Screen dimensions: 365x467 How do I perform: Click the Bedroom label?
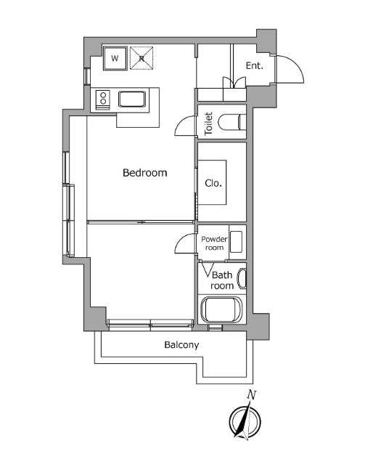tap(145, 173)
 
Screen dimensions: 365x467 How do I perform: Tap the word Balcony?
tap(181, 345)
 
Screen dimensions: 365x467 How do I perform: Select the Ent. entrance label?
tap(255, 65)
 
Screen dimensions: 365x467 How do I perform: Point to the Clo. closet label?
tap(213, 183)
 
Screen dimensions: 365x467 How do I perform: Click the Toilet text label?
tap(209, 123)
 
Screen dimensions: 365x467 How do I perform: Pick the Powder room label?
tap(214, 243)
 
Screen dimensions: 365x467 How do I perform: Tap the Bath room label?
tap(222, 280)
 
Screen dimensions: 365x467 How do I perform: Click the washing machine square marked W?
tap(115, 58)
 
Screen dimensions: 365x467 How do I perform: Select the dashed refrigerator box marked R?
tap(142, 58)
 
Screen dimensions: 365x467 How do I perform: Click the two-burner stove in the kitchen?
tap(102, 99)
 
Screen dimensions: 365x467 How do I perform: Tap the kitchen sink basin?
tap(132, 100)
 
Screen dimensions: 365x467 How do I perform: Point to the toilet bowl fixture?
tap(232, 122)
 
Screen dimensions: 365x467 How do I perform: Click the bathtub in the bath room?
tap(221, 309)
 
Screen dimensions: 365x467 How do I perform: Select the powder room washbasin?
tap(236, 242)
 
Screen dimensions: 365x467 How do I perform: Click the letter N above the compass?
tap(252, 395)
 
